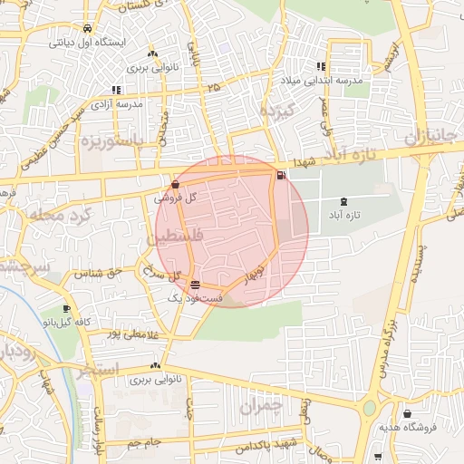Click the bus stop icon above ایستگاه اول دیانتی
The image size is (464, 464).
[85, 27]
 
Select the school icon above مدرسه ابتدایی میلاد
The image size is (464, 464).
[321, 66]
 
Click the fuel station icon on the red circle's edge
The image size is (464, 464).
[280, 175]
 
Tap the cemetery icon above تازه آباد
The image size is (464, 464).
[343, 200]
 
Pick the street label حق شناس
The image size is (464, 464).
[101, 273]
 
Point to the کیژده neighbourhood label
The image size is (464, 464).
[273, 111]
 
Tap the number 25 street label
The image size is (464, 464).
[213, 87]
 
